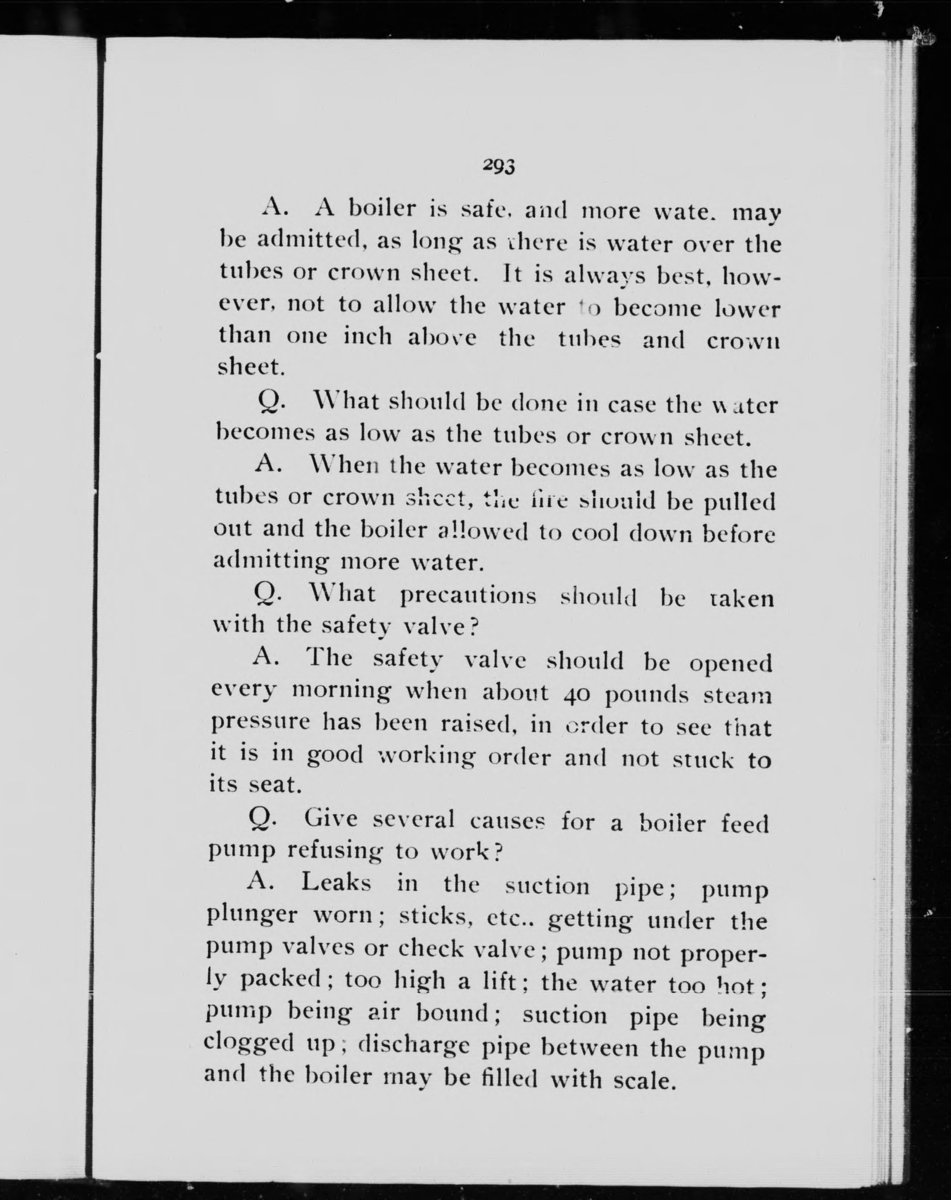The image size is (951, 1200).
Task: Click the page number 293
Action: pos(499,166)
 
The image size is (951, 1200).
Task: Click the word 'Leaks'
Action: pos(336,883)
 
